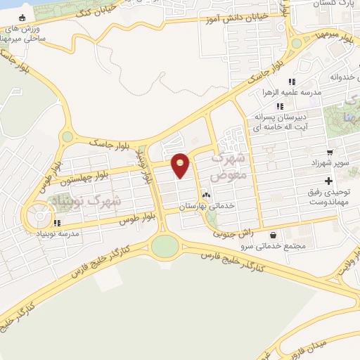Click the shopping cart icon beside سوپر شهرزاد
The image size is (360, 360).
(329, 151)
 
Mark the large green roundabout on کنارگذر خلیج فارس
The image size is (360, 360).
(165, 246)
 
